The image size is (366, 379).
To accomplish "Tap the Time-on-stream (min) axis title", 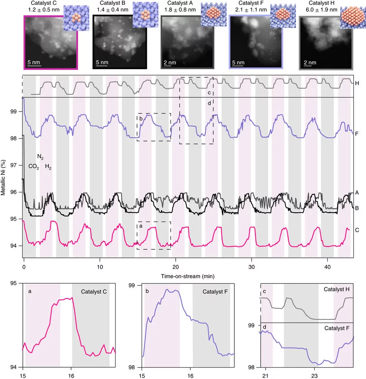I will [x=188, y=275].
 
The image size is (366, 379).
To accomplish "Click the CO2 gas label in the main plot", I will [x=33, y=167].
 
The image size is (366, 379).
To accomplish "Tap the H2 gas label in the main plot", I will [x=48, y=167].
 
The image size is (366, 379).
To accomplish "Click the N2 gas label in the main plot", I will [x=40, y=157].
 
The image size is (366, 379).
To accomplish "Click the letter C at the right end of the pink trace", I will [x=357, y=230].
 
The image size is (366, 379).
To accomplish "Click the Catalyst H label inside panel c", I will [x=339, y=290].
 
